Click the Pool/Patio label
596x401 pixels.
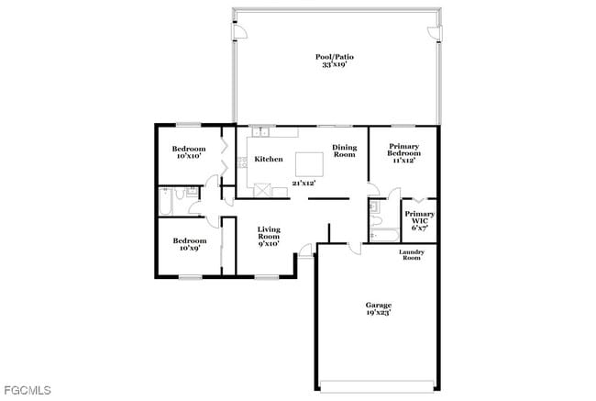(335, 57)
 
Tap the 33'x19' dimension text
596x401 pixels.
(335, 65)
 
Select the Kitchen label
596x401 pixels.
(269, 160)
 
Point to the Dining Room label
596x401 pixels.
(344, 150)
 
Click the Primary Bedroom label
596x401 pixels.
(403, 150)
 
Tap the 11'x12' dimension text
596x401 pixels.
(403, 161)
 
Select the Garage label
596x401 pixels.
(379, 306)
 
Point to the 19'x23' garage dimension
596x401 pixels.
(379, 313)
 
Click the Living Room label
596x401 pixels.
(268, 232)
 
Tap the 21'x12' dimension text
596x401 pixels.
(304, 184)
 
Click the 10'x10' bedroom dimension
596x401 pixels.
(188, 156)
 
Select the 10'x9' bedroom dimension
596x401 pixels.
(188, 248)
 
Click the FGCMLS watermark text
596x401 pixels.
(27, 391)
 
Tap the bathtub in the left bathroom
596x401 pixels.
(167, 202)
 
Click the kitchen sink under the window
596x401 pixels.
(259, 132)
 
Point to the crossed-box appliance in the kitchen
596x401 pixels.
(263, 190)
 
